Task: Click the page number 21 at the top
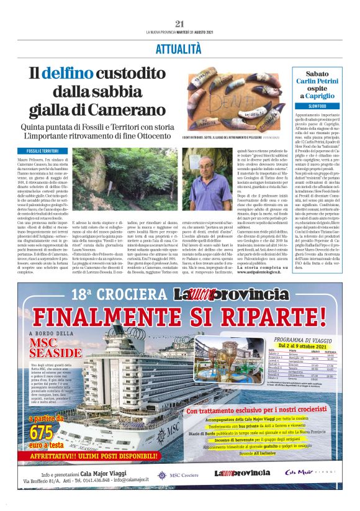click(x=180, y=24)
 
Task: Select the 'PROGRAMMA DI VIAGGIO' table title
click(x=300, y=340)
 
